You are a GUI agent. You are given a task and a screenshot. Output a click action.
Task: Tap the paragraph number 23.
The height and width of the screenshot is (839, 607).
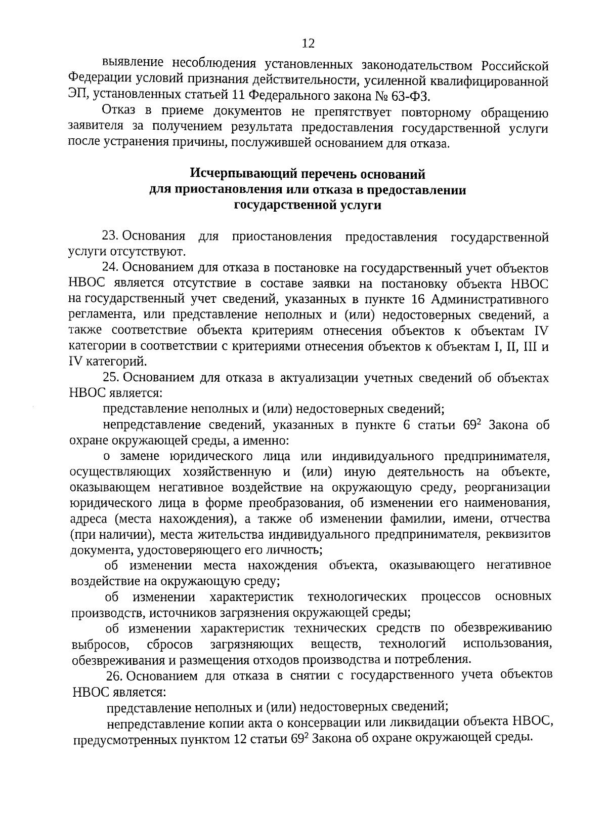click(110, 236)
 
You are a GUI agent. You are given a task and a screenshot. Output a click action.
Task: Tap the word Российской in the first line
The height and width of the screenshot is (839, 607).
click(514, 66)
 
